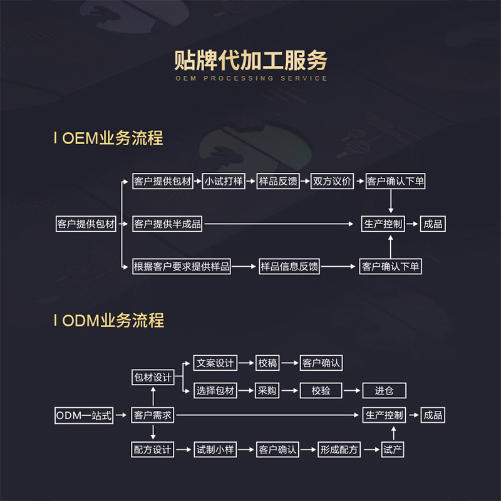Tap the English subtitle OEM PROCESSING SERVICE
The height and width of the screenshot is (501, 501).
tap(250, 78)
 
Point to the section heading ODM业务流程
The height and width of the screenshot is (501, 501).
tap(113, 321)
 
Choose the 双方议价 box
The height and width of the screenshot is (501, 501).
tap(333, 182)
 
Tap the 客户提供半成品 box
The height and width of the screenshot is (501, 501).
tap(168, 224)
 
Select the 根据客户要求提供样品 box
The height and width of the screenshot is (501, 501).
tap(182, 266)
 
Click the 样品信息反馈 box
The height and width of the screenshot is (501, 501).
tap(289, 266)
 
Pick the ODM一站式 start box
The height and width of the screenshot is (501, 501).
tap(84, 415)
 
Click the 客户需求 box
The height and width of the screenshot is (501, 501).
tap(153, 415)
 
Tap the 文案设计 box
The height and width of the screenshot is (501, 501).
tap(215, 363)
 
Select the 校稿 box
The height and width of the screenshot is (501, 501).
tap(267, 363)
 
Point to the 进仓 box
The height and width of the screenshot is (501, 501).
tap(384, 391)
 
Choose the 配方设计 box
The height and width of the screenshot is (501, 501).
tap(153, 450)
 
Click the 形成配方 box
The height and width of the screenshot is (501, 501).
tap(339, 450)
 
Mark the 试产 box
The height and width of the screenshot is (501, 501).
tap(393, 450)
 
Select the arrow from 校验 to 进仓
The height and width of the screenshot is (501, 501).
tap(353, 391)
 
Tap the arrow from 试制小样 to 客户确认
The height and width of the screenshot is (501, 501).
tap(246, 450)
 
